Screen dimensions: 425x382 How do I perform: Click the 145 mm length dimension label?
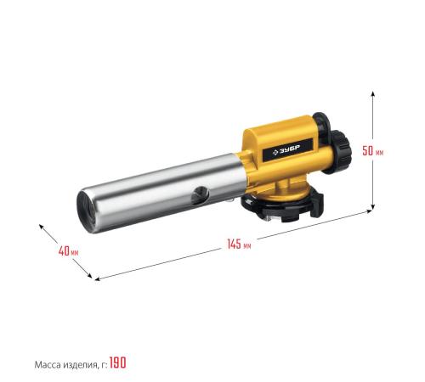[239, 244]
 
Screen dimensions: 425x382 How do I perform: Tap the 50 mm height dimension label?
[373, 150]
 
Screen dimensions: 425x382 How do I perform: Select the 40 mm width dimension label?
[68, 250]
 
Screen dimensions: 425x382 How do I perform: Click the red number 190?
[118, 362]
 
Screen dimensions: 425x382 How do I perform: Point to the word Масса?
[47, 365]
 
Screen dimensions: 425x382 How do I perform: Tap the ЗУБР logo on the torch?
[286, 150]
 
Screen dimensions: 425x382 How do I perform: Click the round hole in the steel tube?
[200, 195]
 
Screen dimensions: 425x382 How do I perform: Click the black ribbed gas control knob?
[341, 151]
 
